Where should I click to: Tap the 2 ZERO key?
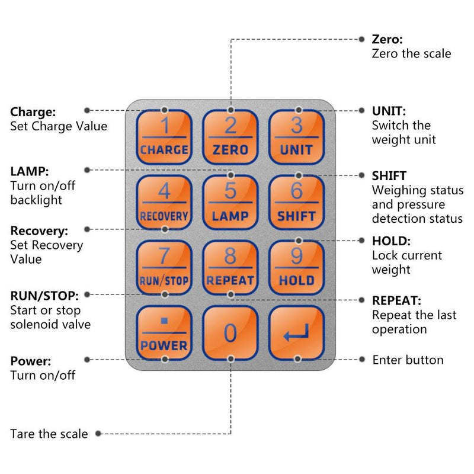pos(230,137)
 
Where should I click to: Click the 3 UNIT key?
pos(296,137)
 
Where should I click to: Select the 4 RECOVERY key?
pos(164,203)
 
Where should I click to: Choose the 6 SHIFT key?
pos(296,203)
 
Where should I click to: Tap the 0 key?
pos(230,333)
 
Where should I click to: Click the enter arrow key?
pos(296,333)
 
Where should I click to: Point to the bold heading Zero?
pos(387,40)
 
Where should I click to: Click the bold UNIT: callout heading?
pos(389,111)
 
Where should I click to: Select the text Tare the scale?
pos(49,434)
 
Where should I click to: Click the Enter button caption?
pos(408,360)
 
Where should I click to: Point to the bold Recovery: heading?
pos(39,230)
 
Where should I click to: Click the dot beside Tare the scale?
pos(98,434)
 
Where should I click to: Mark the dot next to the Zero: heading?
pos(362,40)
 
